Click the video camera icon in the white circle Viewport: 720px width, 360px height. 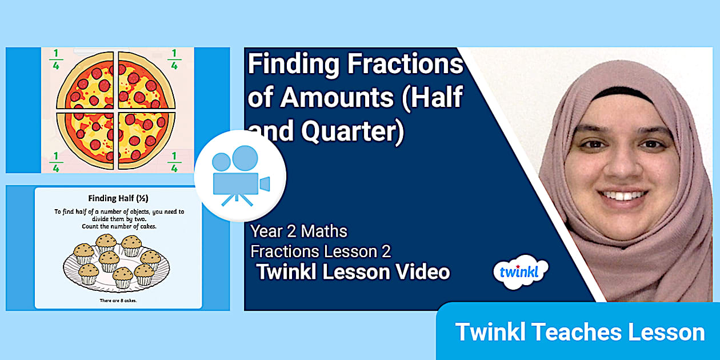coord(240,175)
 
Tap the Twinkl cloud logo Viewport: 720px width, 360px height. coord(520,271)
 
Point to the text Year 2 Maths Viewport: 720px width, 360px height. coord(299,231)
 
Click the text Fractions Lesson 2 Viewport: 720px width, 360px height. coord(321,251)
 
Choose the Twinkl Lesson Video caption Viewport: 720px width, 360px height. coord(353,272)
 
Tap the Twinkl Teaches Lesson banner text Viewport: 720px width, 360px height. coord(579,332)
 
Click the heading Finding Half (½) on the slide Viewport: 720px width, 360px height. coord(119,199)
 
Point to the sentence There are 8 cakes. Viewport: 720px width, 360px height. coord(119,299)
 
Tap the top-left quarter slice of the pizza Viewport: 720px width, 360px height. coord(88,83)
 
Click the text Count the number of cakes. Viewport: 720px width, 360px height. coord(119,226)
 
